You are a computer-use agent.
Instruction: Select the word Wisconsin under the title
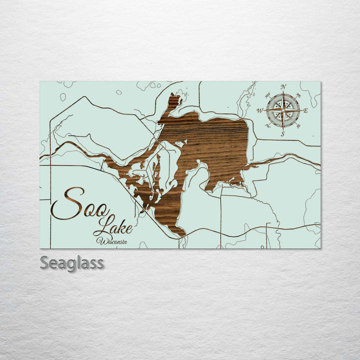(112, 241)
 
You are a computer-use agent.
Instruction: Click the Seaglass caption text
(72, 262)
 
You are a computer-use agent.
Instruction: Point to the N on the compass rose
(283, 87)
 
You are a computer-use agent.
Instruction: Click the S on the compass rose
(282, 133)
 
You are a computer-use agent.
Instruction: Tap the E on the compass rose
(305, 110)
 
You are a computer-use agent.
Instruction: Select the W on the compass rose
(260, 110)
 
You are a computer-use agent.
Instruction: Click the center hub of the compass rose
(283, 110)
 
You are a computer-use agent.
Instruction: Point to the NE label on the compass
(298, 95)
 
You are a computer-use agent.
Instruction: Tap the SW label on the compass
(267, 126)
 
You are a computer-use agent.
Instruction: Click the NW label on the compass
(267, 94)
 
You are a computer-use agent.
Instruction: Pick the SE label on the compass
(298, 126)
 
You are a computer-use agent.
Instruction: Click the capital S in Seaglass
(44, 262)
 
